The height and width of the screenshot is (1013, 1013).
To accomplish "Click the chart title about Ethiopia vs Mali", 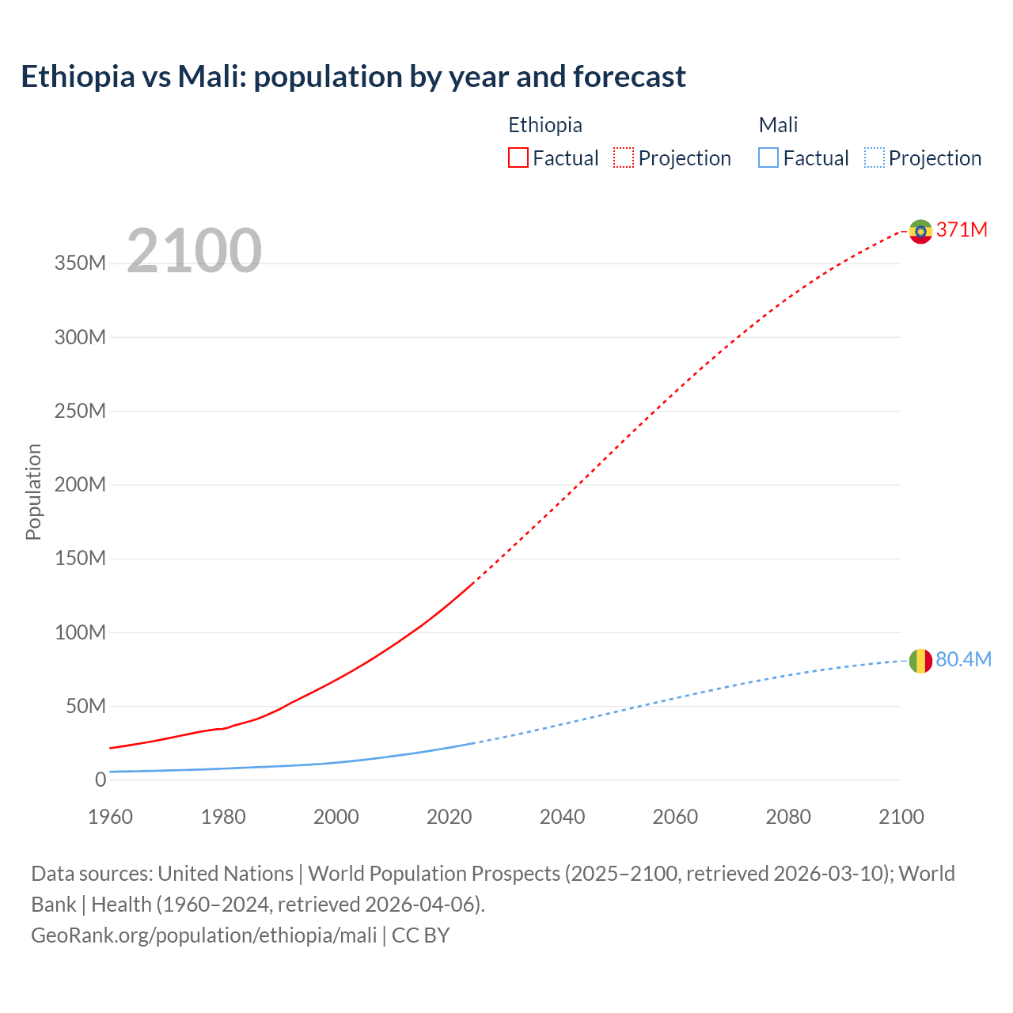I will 353,77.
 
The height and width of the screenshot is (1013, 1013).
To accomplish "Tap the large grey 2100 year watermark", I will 194,251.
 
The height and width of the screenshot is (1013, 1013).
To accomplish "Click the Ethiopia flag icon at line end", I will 920,231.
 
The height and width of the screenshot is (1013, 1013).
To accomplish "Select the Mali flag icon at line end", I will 920,661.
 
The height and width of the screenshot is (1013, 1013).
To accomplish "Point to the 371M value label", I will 962,230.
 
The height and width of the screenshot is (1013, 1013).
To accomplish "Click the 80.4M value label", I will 963,660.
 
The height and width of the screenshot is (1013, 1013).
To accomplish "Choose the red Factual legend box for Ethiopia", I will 518,157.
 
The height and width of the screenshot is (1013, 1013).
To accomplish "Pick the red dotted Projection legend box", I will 624,157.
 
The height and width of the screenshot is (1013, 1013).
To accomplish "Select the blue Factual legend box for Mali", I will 768,157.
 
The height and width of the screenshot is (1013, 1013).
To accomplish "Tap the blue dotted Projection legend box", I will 875,157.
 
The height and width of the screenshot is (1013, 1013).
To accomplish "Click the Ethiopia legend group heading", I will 544,125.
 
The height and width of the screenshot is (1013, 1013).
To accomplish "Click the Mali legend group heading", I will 778,125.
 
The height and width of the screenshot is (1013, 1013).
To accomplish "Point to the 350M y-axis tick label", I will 80,264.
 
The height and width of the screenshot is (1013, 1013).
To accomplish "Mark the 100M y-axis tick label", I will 80,632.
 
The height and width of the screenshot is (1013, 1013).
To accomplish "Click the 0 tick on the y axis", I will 100,780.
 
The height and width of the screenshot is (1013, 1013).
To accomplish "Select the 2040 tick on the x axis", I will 562,817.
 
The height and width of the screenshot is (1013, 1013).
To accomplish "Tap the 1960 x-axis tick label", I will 110,817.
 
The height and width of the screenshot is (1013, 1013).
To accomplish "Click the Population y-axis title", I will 33,491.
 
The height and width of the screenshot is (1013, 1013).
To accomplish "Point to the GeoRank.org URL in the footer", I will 203,935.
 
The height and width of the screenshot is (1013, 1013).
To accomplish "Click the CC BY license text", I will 420,935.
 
